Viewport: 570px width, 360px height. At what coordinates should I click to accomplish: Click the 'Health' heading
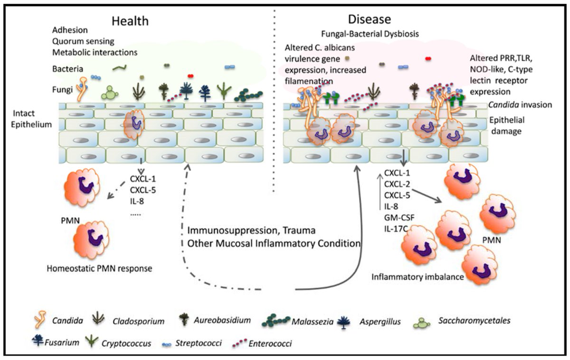130,21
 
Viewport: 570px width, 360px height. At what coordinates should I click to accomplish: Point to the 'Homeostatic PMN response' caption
99,268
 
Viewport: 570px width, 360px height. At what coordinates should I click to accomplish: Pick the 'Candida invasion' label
524,104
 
